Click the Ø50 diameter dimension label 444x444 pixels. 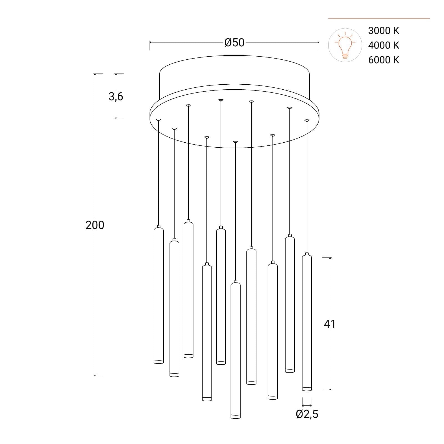234,42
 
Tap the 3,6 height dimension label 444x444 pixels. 116,96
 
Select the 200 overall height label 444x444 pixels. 95,225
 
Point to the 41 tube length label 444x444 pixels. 330,324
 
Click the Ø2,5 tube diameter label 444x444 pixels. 307,414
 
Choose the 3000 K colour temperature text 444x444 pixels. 384,31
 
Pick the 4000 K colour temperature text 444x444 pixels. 384,45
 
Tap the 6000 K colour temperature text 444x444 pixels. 384,60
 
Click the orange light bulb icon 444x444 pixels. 345,45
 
